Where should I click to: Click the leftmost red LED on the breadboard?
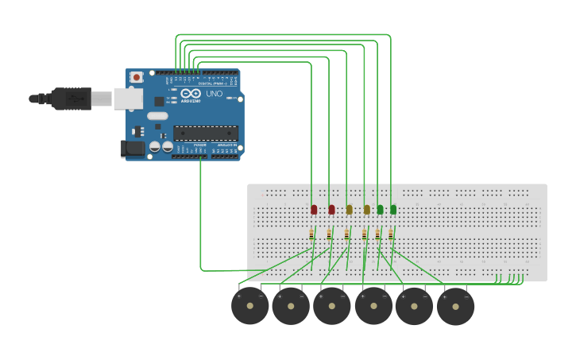coord(314,210)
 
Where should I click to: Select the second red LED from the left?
coord(331,210)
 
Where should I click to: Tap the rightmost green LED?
coord(393,210)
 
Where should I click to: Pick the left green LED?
coord(380,210)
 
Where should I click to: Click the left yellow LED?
coord(349,210)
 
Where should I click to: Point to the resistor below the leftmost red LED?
coord(311,234)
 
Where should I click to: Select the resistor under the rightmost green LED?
coord(391,234)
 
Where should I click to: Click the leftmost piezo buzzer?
coord(250,306)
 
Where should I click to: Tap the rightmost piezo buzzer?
coord(455,306)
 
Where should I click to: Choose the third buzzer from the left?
coord(332,306)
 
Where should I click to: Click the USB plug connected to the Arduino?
coord(72,99)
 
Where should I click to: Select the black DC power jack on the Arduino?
coord(133,148)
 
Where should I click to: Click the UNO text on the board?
coord(215,94)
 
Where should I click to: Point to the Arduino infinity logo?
coord(191,94)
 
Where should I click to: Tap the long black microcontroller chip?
coord(206,133)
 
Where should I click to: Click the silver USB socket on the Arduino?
coord(127,99)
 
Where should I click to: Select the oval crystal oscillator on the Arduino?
coord(157,116)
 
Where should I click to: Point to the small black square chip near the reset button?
coord(159,102)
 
